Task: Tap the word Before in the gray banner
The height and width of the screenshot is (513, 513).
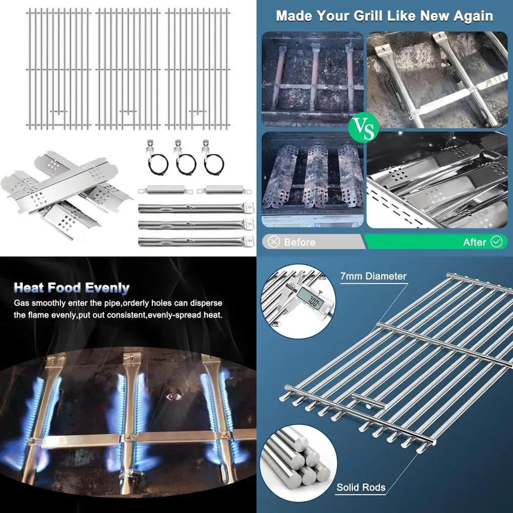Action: coord(299,242)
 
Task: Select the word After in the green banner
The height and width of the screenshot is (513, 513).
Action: coord(474,242)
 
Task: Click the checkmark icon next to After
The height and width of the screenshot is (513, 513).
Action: coord(497,242)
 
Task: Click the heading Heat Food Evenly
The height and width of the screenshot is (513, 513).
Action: coord(71,287)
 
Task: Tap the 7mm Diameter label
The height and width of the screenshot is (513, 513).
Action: coord(373,276)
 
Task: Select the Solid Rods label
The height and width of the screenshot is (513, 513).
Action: coord(361,487)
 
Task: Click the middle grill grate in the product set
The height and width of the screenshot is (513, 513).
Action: coord(128,69)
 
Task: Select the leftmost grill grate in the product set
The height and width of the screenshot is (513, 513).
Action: coord(57,69)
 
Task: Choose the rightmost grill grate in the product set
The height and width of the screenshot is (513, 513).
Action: coord(198,69)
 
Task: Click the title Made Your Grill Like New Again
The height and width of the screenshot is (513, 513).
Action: coord(384,15)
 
